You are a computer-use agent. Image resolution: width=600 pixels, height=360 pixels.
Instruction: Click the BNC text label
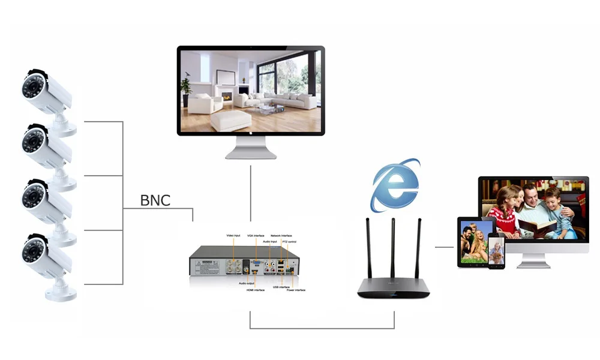tap(155, 200)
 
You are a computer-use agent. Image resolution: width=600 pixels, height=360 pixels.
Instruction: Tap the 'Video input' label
tap(233, 236)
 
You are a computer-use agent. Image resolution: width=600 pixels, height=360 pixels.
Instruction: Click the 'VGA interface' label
tap(256, 236)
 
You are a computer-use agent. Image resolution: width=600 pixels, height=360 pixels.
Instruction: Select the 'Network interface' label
tap(281, 236)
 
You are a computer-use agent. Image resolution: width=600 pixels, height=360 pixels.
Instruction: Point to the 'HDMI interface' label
tap(255, 290)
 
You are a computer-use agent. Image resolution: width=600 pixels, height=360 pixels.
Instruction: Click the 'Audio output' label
tap(247, 283)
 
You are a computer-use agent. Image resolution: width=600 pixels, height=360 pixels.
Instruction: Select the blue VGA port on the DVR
tap(256, 263)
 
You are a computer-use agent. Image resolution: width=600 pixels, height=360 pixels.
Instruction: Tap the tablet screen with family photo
tap(474, 240)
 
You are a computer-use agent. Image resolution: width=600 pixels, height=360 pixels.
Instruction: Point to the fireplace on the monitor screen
tap(227, 96)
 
